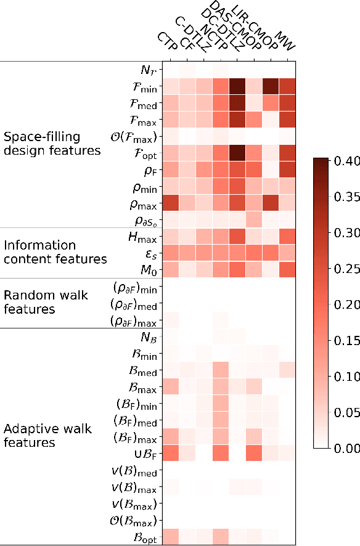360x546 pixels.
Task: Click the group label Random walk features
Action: pos(46,302)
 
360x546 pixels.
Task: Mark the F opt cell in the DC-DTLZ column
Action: pos(237,153)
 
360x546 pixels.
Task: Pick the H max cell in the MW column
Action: pos(287,237)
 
